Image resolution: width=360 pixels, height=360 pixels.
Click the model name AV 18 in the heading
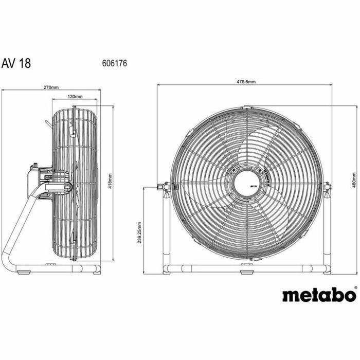click(17, 63)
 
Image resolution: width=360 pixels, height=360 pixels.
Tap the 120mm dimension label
click(75, 96)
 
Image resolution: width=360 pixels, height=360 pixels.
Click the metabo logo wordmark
click(318, 295)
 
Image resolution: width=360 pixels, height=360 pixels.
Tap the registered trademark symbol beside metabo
click(355, 289)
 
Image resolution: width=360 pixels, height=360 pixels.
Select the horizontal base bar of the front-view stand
click(247, 268)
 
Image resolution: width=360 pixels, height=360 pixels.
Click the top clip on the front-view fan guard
click(248, 108)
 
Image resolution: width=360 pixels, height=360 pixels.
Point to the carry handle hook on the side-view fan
click(47, 123)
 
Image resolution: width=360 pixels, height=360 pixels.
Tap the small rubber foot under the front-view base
click(247, 274)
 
